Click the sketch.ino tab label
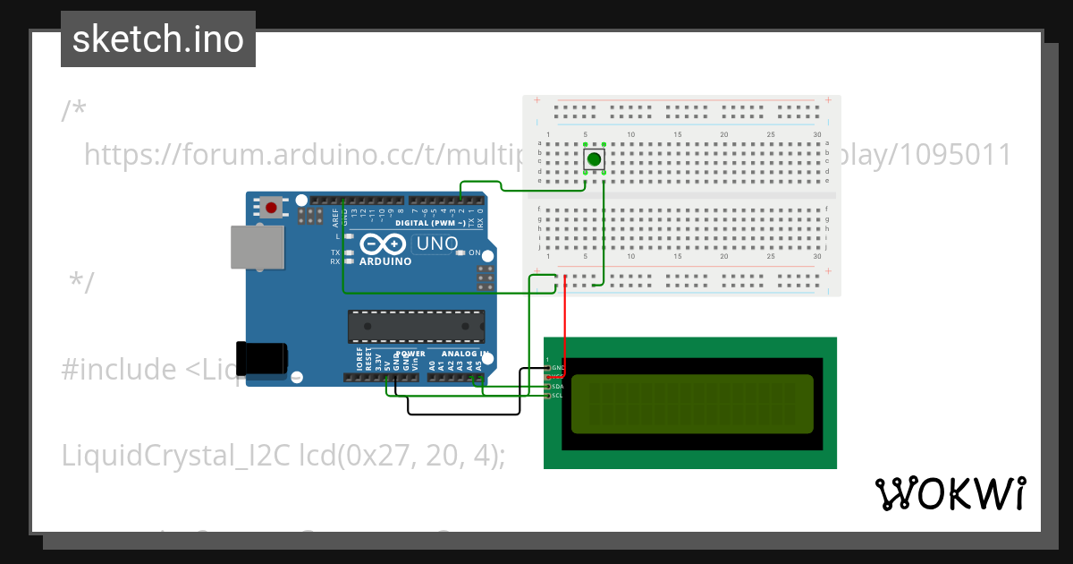coord(157,39)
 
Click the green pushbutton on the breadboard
coord(594,160)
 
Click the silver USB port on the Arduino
coord(258,246)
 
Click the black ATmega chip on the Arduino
coord(417,327)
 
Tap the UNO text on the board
coord(438,244)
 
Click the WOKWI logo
coord(950,493)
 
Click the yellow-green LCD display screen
coord(692,404)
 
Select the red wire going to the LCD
coord(564,322)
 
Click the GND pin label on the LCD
coord(557,368)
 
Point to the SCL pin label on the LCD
coord(556,396)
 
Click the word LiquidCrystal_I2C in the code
coord(175,456)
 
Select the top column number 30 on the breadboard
coord(817,135)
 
